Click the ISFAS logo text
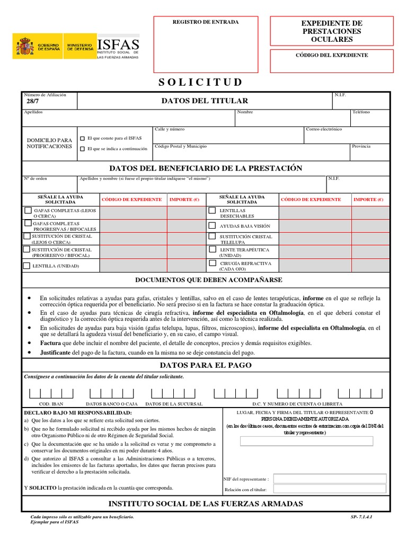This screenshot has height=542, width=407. click(x=118, y=44)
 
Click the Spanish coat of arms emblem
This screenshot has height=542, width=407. click(x=24, y=47)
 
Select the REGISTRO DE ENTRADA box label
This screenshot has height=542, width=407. click(x=206, y=22)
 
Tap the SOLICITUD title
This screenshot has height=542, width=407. click(x=200, y=82)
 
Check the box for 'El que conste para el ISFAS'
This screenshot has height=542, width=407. click(x=82, y=138)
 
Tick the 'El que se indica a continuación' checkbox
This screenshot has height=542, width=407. click(x=82, y=149)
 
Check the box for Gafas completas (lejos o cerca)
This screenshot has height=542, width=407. click(x=28, y=210)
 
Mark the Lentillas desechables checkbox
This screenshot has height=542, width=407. click(x=212, y=210)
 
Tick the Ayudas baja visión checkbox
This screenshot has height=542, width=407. click(x=212, y=224)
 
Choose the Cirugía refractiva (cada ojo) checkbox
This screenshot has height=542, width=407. click(x=212, y=263)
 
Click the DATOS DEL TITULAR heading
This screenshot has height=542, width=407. click(x=205, y=101)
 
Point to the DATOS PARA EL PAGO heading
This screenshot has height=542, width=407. click(x=206, y=365)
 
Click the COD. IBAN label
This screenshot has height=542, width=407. click(x=51, y=404)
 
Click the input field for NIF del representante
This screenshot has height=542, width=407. click(x=330, y=478)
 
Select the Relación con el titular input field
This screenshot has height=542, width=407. click(x=330, y=490)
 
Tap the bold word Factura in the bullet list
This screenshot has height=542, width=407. click(x=50, y=343)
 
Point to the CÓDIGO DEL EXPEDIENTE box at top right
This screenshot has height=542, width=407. click(x=332, y=55)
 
